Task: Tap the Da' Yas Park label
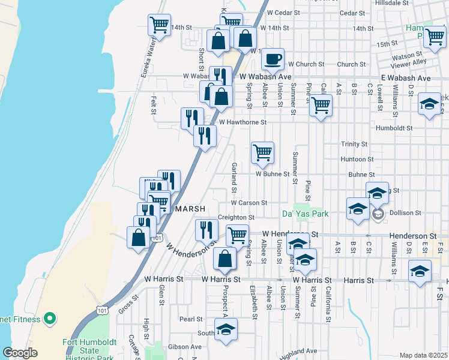click(x=305, y=214)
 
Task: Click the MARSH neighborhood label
click(x=190, y=208)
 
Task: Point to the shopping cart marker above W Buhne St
click(x=262, y=153)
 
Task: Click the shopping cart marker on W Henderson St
click(x=237, y=235)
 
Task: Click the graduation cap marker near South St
click(x=226, y=329)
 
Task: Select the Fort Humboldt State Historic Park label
click(x=89, y=348)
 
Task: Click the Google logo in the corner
click(x=20, y=353)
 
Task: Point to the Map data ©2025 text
click(x=423, y=355)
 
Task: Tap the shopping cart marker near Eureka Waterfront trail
click(x=159, y=25)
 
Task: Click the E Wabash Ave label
click(x=406, y=78)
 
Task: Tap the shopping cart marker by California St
click(x=321, y=106)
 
